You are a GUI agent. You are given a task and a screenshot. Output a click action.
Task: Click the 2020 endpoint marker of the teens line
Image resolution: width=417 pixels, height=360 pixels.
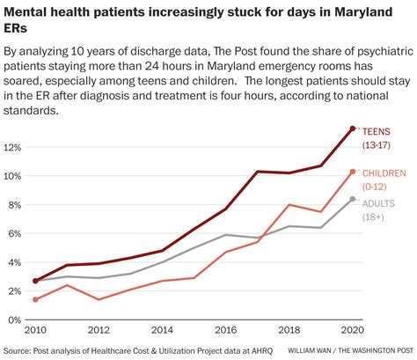(353, 129)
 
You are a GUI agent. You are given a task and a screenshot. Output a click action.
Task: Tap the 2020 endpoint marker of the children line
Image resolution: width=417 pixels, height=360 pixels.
(353, 172)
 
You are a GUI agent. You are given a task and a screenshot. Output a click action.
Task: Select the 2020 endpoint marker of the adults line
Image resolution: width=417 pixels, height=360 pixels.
(353, 199)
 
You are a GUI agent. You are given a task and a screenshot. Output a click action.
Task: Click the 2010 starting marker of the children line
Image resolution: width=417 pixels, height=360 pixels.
(34, 299)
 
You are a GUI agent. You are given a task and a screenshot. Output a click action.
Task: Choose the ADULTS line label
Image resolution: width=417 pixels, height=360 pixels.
(380, 203)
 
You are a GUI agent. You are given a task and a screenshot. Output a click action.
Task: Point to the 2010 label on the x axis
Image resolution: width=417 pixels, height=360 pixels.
(34, 331)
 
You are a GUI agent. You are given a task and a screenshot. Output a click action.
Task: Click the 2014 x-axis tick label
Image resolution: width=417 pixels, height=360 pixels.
(162, 331)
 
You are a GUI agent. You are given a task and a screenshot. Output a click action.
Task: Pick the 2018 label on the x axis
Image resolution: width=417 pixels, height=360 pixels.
(289, 331)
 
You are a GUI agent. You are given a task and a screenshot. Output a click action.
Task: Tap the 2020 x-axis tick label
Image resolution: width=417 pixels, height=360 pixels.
(352, 331)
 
